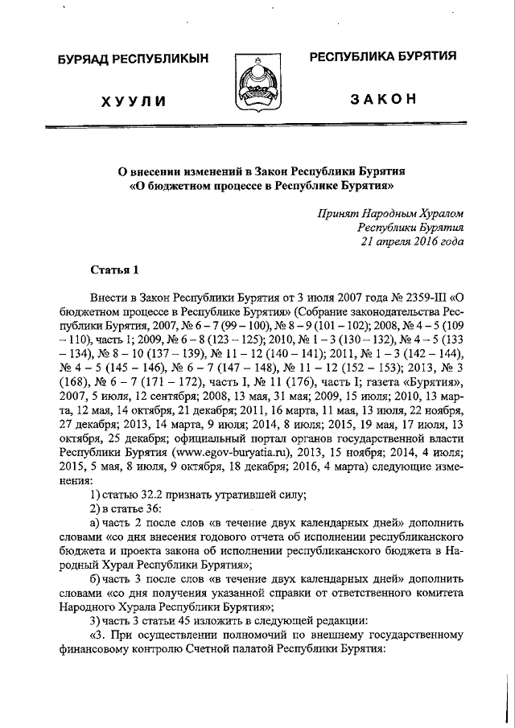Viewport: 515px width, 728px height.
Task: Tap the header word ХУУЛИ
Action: click(134, 101)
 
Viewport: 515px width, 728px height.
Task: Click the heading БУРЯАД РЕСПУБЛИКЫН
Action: click(131, 60)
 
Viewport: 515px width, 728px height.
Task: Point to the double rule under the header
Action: click(257, 128)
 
